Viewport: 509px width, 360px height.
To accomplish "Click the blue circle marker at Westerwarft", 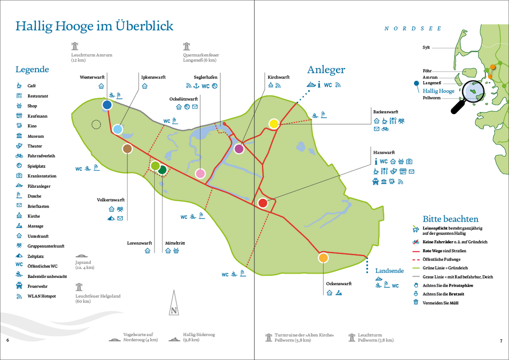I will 107,105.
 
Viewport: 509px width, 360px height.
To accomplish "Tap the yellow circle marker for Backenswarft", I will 274,123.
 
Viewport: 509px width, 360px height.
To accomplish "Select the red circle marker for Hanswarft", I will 262,203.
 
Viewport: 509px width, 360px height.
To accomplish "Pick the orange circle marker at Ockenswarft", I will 323,258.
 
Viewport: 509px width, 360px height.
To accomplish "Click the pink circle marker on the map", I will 200,173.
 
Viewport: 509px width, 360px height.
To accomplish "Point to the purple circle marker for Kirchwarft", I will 239,148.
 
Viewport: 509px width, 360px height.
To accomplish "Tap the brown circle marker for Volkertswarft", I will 127,148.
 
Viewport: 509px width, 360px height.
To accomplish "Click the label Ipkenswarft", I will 150,77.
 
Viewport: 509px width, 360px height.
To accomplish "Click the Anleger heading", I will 326,70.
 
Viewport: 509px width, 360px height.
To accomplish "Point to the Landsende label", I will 389,271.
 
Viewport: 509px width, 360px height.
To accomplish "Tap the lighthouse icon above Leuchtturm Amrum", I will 75,46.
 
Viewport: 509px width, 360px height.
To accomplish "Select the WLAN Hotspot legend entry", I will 41,296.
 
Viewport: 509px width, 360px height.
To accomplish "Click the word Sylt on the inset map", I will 426,47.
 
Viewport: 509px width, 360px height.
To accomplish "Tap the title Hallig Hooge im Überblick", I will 94,26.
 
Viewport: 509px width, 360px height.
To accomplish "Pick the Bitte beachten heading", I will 450,219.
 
